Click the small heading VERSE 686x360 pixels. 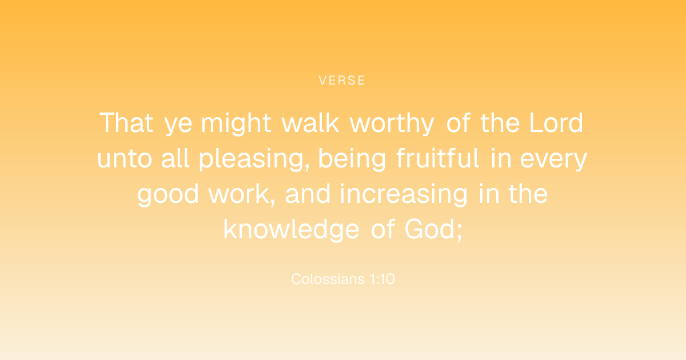pos(342,81)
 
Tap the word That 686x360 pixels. pos(126,123)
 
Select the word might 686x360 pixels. pos(236,123)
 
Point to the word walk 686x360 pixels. pos(310,123)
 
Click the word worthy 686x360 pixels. pos(392,123)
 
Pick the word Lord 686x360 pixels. pos(556,123)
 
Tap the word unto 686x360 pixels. pos(125,158)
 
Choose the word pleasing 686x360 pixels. pos(254,159)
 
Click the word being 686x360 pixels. pos(352,159)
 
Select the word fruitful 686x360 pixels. pos(438,158)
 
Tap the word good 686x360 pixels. pos(168,195)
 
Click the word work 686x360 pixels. pos(242,194)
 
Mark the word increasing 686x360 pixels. pos(404,195)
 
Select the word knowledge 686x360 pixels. pos(291,230)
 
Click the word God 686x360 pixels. pos(430,229)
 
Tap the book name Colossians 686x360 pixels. pos(328,279)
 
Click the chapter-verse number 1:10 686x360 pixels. pos(382,279)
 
